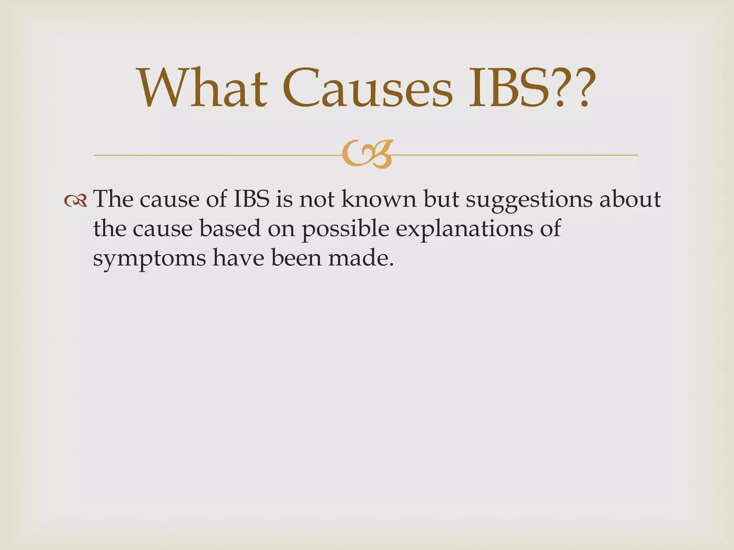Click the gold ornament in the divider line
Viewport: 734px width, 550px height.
pos(367,154)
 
